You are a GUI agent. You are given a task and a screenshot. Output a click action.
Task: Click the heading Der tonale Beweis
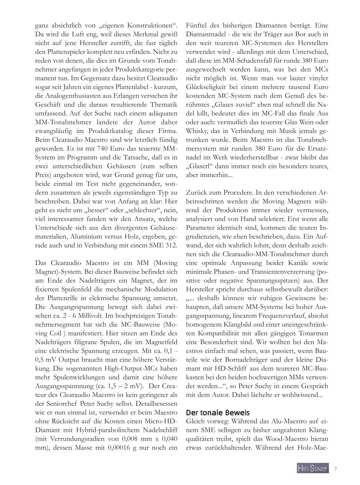pos(218,413)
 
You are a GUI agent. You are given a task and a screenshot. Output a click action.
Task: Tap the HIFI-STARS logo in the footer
pos(313,469)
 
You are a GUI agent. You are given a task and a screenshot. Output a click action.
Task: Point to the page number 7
pos(335,469)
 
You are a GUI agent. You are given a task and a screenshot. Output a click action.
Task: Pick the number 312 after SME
pos(171,245)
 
